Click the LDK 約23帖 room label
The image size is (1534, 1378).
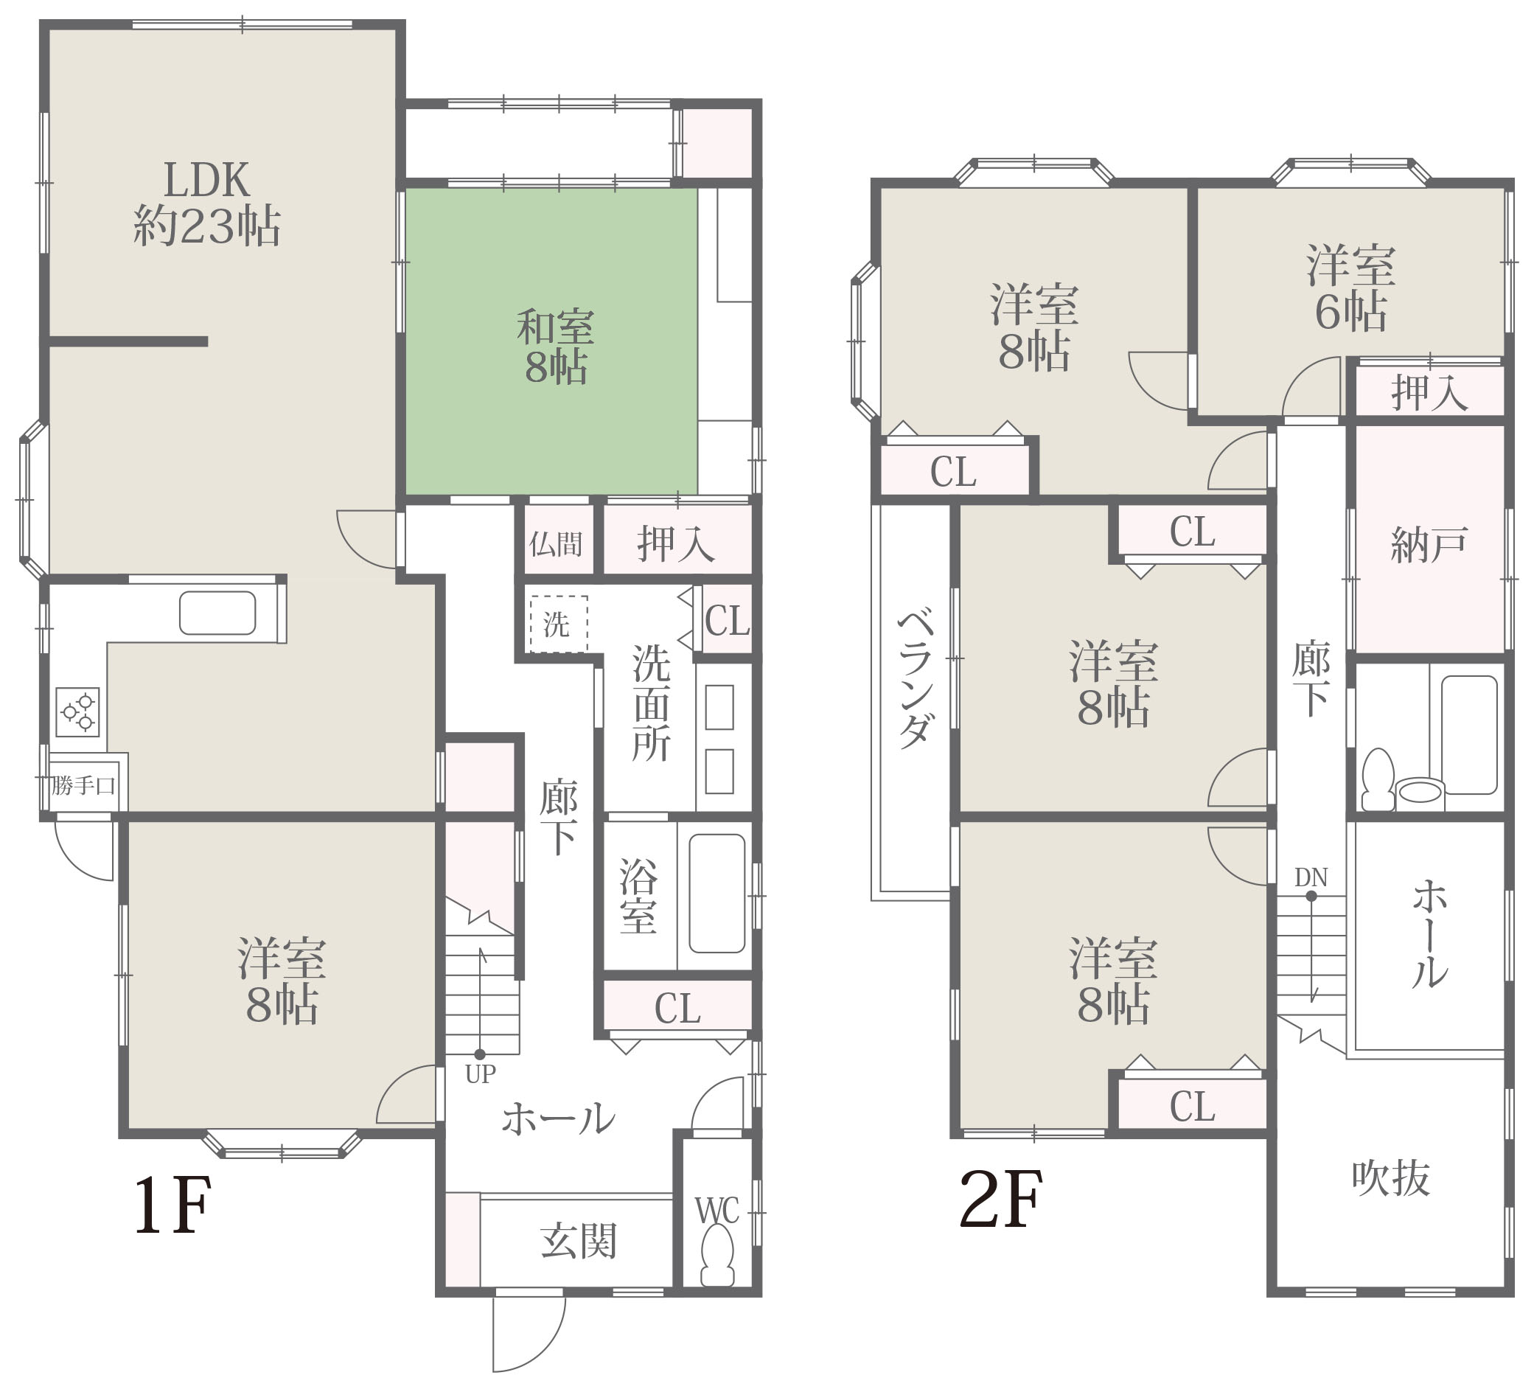[x=206, y=203]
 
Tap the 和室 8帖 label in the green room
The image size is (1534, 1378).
[x=556, y=347]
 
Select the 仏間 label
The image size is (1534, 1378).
[x=556, y=543]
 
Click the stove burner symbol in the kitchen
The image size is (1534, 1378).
[x=78, y=711]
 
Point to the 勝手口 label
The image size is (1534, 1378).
[x=83, y=785]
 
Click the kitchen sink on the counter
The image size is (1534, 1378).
[x=217, y=613]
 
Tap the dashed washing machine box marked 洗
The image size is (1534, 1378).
[x=558, y=624]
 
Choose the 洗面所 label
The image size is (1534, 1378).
[x=651, y=703]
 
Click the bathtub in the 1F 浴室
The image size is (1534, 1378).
[x=717, y=894]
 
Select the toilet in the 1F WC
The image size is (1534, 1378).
[x=717, y=1256]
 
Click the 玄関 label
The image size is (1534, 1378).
[x=579, y=1242]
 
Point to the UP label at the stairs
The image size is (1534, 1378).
[x=480, y=1073]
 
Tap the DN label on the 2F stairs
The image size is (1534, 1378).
[x=1311, y=877]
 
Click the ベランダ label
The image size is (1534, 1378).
[x=916, y=678]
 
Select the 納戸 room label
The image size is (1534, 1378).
[x=1429, y=544]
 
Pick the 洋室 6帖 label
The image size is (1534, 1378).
[x=1350, y=288]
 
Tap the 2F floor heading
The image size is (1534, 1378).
[x=1001, y=1200]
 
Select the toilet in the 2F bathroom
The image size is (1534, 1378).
[x=1377, y=779]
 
